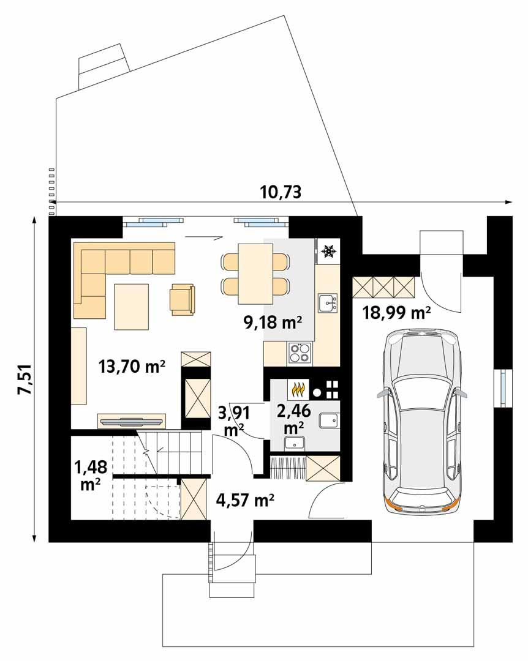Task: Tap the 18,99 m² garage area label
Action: point(396,313)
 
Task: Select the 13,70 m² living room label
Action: point(132,367)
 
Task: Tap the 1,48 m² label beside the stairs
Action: point(91,475)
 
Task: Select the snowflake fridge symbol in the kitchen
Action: point(329,251)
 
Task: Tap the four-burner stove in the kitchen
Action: point(300,351)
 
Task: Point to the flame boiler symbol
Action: point(298,389)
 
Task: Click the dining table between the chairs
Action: point(254,273)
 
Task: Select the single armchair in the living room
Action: point(183,299)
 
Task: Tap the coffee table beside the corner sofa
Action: point(131,306)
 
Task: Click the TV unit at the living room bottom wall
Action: point(132,421)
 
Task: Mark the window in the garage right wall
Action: point(502,387)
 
